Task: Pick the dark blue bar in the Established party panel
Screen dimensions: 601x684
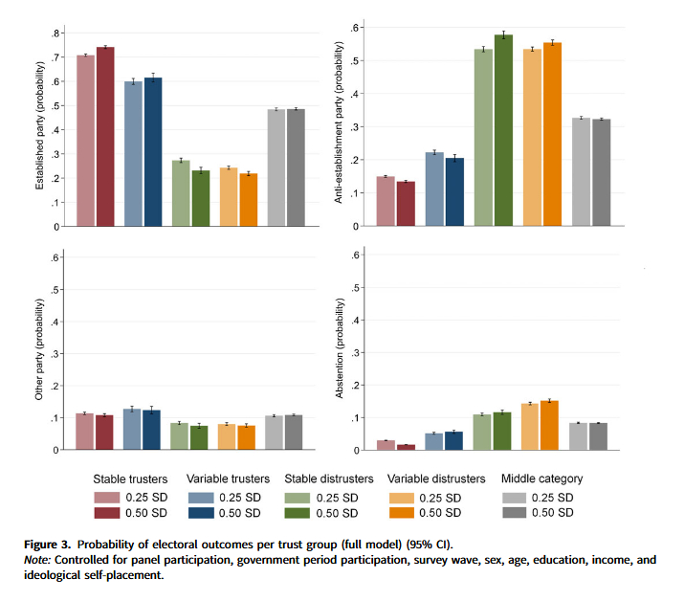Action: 153,152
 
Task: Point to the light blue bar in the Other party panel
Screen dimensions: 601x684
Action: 132,429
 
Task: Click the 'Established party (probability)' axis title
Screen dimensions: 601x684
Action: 40,130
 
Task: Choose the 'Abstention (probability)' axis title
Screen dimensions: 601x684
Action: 341,350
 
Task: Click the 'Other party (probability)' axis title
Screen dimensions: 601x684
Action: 40,351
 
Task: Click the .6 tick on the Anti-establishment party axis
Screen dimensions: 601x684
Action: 356,28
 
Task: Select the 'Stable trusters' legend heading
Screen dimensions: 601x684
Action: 130,479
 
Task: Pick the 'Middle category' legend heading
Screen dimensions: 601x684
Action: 541,479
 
